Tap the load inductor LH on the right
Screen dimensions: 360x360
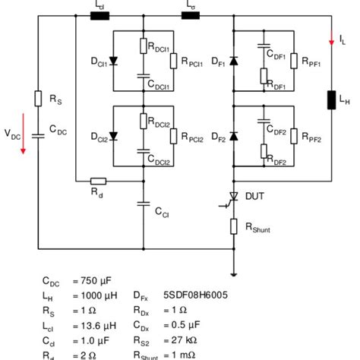tap(332, 101)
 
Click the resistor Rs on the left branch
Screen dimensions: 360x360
tap(38, 97)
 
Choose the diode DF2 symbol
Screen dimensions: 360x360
tap(233, 136)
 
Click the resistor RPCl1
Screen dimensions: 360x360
tap(174, 61)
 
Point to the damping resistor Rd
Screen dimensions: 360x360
tap(98, 181)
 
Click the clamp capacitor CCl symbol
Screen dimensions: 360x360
tap(144, 203)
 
